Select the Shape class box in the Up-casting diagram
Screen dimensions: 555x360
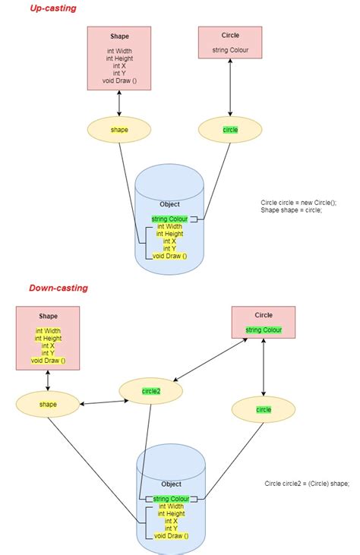119,58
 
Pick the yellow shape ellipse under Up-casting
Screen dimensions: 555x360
119,130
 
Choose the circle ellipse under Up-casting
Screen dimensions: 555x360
230,130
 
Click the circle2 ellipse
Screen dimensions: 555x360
151,391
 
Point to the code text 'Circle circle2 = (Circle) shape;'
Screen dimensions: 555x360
307,484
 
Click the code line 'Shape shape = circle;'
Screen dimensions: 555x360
292,210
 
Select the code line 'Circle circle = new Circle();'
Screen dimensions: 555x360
298,202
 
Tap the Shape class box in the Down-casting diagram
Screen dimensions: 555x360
48,338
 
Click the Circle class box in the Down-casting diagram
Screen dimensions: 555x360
264,322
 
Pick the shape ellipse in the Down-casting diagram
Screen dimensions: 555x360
48,404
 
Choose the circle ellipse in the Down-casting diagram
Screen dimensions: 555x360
264,409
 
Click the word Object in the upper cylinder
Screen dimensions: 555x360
169,204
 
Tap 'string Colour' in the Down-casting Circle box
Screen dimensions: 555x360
264,330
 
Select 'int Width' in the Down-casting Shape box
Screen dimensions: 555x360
48,331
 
